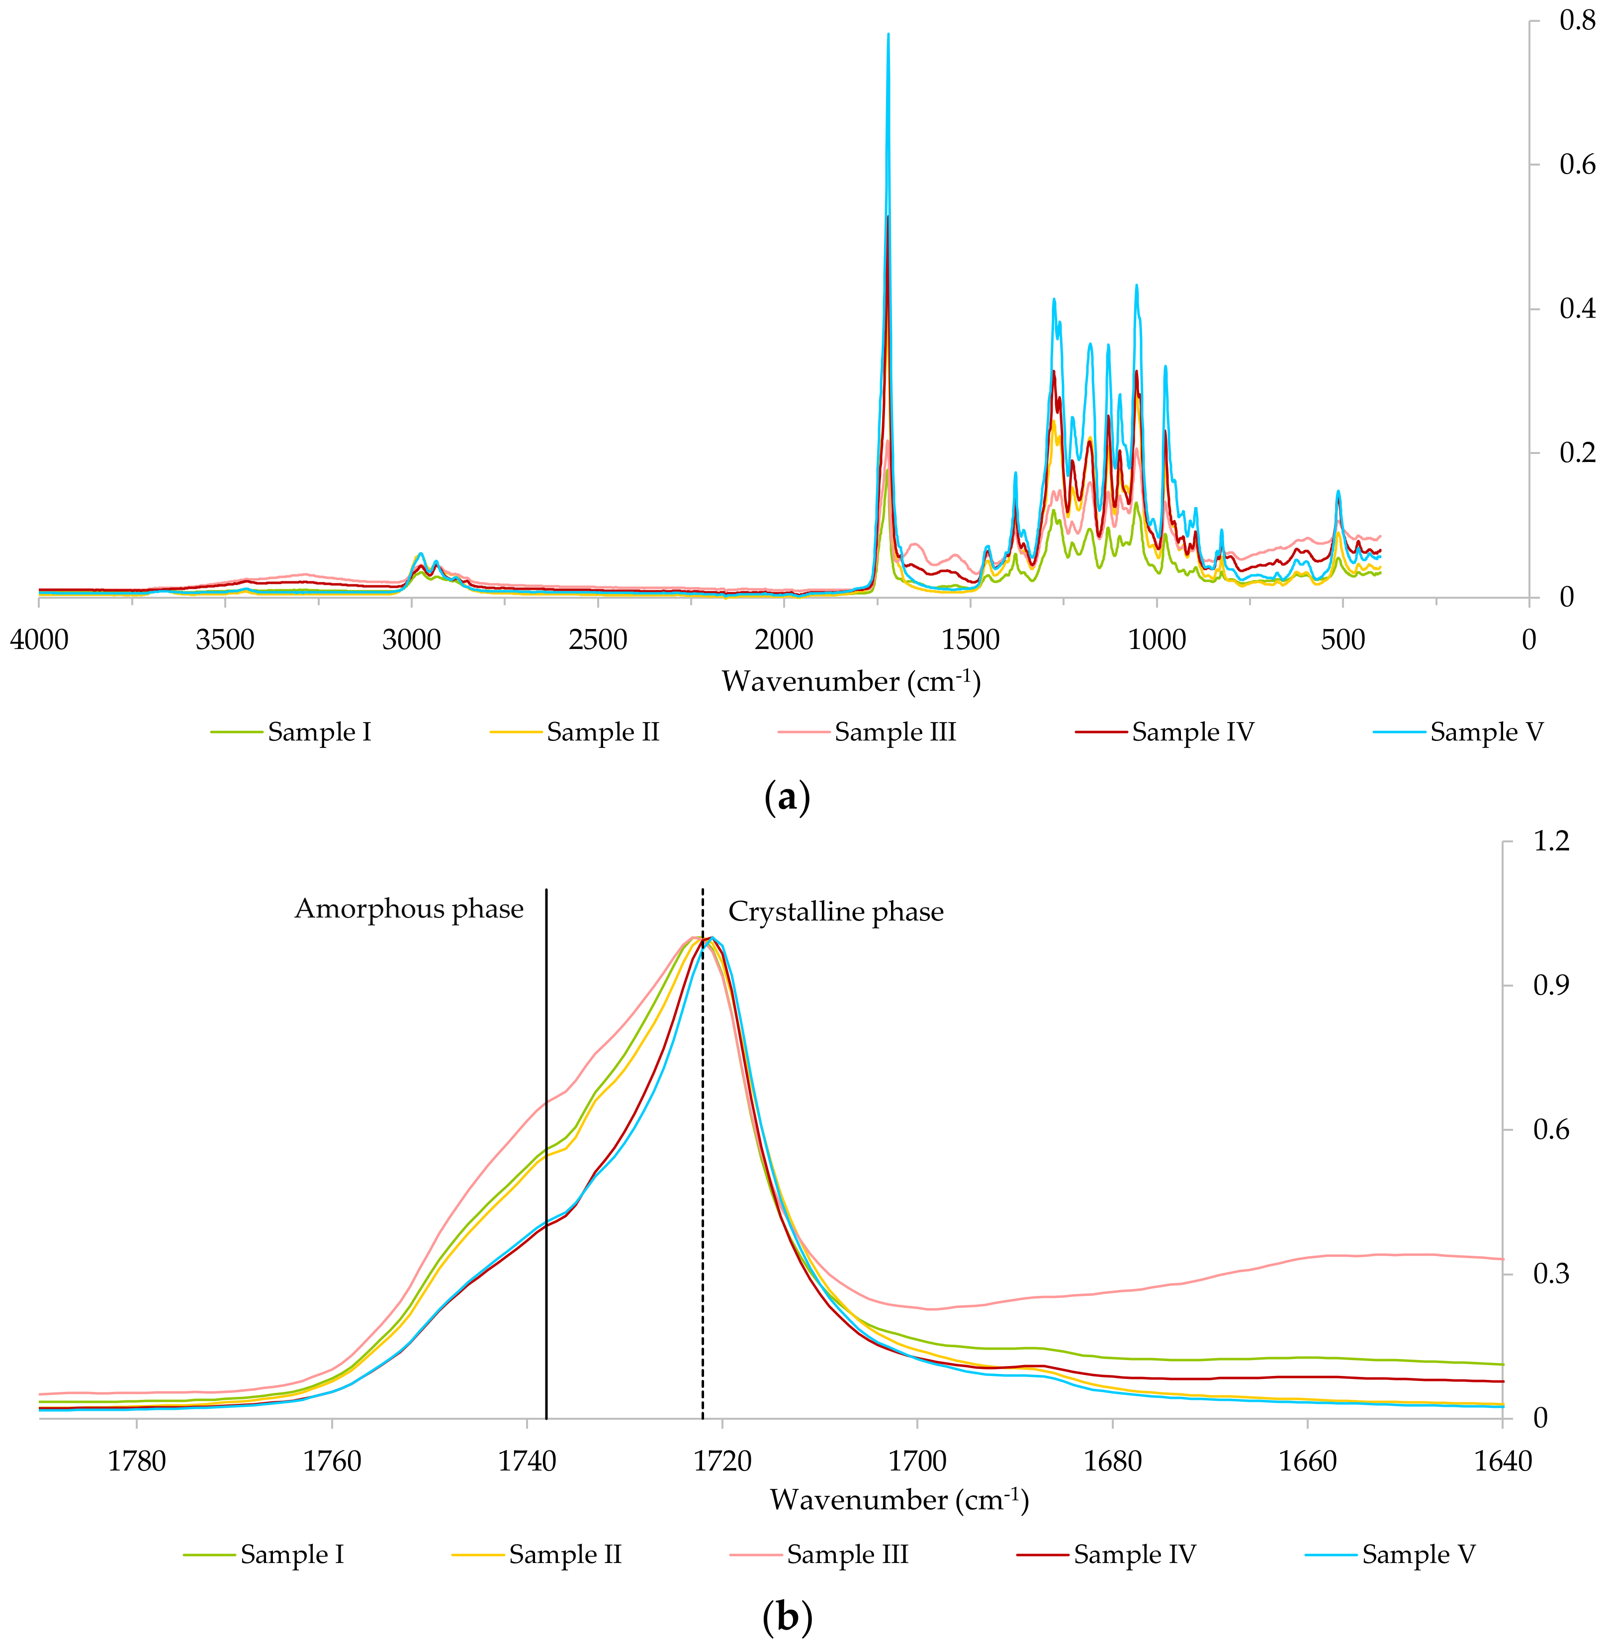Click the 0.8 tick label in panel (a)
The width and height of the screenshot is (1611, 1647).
click(1577, 20)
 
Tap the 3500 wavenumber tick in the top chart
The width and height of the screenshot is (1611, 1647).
click(225, 640)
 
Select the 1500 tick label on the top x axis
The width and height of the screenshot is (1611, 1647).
click(971, 640)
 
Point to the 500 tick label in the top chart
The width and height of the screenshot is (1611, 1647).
click(1343, 640)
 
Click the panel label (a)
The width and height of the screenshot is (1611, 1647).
click(787, 797)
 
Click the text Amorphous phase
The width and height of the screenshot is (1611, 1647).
click(409, 909)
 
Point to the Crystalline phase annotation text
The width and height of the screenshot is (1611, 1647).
click(836, 912)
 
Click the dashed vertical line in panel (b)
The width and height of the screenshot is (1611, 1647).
click(702, 1270)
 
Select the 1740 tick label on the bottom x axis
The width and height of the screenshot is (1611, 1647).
click(527, 1462)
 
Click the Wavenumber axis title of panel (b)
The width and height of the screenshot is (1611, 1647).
click(898, 1501)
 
